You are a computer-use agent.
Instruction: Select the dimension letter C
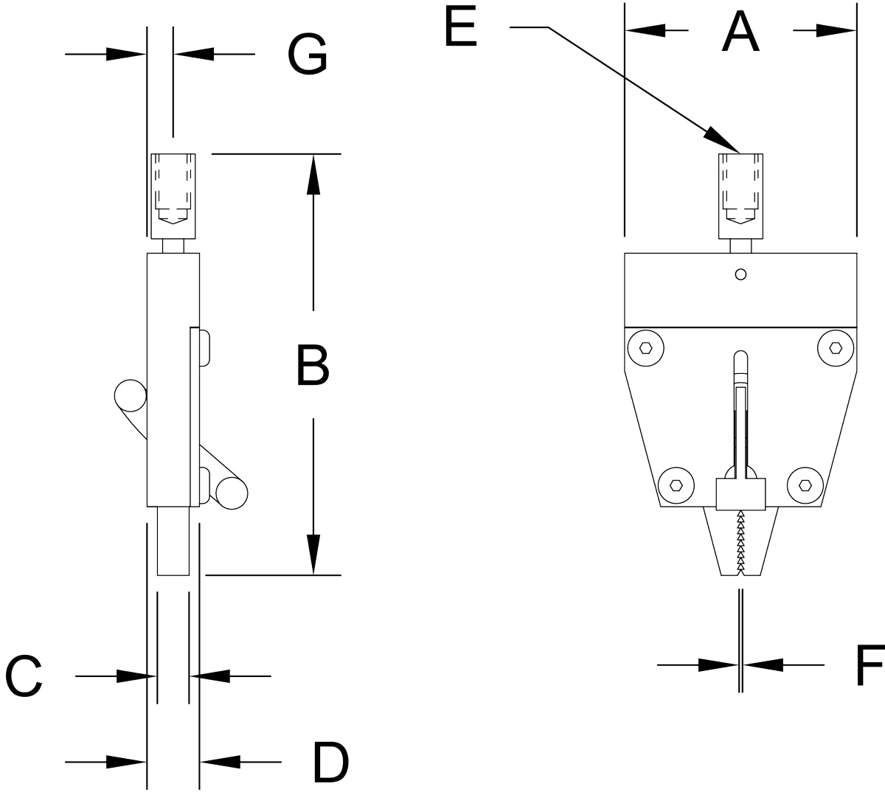(x=24, y=676)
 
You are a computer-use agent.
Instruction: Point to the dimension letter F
(x=870, y=666)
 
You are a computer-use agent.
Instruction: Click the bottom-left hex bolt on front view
(x=676, y=484)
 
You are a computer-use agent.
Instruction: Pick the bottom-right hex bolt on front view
(x=805, y=484)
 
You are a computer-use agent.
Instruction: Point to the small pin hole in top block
(x=741, y=274)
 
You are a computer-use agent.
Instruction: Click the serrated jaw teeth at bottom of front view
(x=740, y=542)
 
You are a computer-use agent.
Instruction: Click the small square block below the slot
(x=741, y=493)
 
